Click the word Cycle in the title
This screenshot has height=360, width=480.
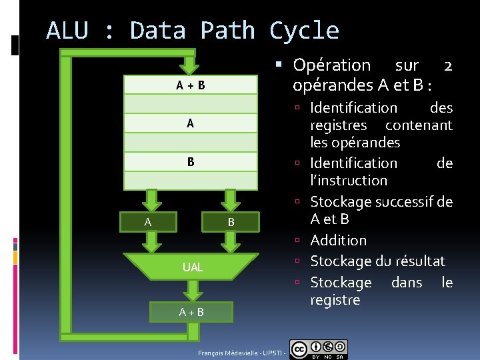click(x=304, y=31)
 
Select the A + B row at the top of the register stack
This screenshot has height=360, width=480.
click(x=191, y=85)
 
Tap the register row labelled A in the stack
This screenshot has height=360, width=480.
click(x=191, y=123)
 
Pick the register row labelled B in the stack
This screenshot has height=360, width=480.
click(x=191, y=162)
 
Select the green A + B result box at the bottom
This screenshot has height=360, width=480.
click(x=191, y=311)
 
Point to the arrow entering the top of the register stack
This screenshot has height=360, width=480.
click(x=191, y=64)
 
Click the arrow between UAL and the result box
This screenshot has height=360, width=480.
click(x=192, y=290)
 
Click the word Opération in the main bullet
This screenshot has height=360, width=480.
click(x=331, y=65)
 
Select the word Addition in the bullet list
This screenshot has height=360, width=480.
click(x=339, y=240)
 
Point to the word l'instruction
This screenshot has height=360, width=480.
click(x=349, y=180)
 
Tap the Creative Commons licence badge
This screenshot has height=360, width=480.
click(x=319, y=349)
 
